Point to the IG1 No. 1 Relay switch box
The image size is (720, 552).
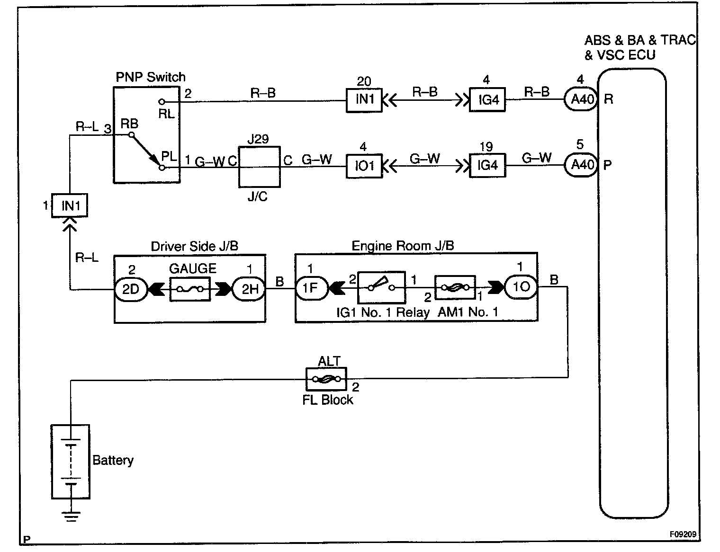(381, 287)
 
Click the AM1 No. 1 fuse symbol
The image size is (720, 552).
(455, 287)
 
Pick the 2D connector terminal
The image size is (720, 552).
(130, 289)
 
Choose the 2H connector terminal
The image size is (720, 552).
(249, 289)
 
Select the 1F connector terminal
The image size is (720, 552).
(310, 288)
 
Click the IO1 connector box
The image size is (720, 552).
(364, 166)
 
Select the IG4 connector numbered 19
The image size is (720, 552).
(487, 165)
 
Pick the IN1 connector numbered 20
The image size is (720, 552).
(364, 100)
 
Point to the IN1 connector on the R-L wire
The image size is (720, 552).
(70, 206)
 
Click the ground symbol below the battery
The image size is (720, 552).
(71, 516)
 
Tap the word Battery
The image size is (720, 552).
(113, 460)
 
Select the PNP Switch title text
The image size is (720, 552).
(151, 77)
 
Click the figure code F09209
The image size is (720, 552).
(683, 534)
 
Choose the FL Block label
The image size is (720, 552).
(328, 400)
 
